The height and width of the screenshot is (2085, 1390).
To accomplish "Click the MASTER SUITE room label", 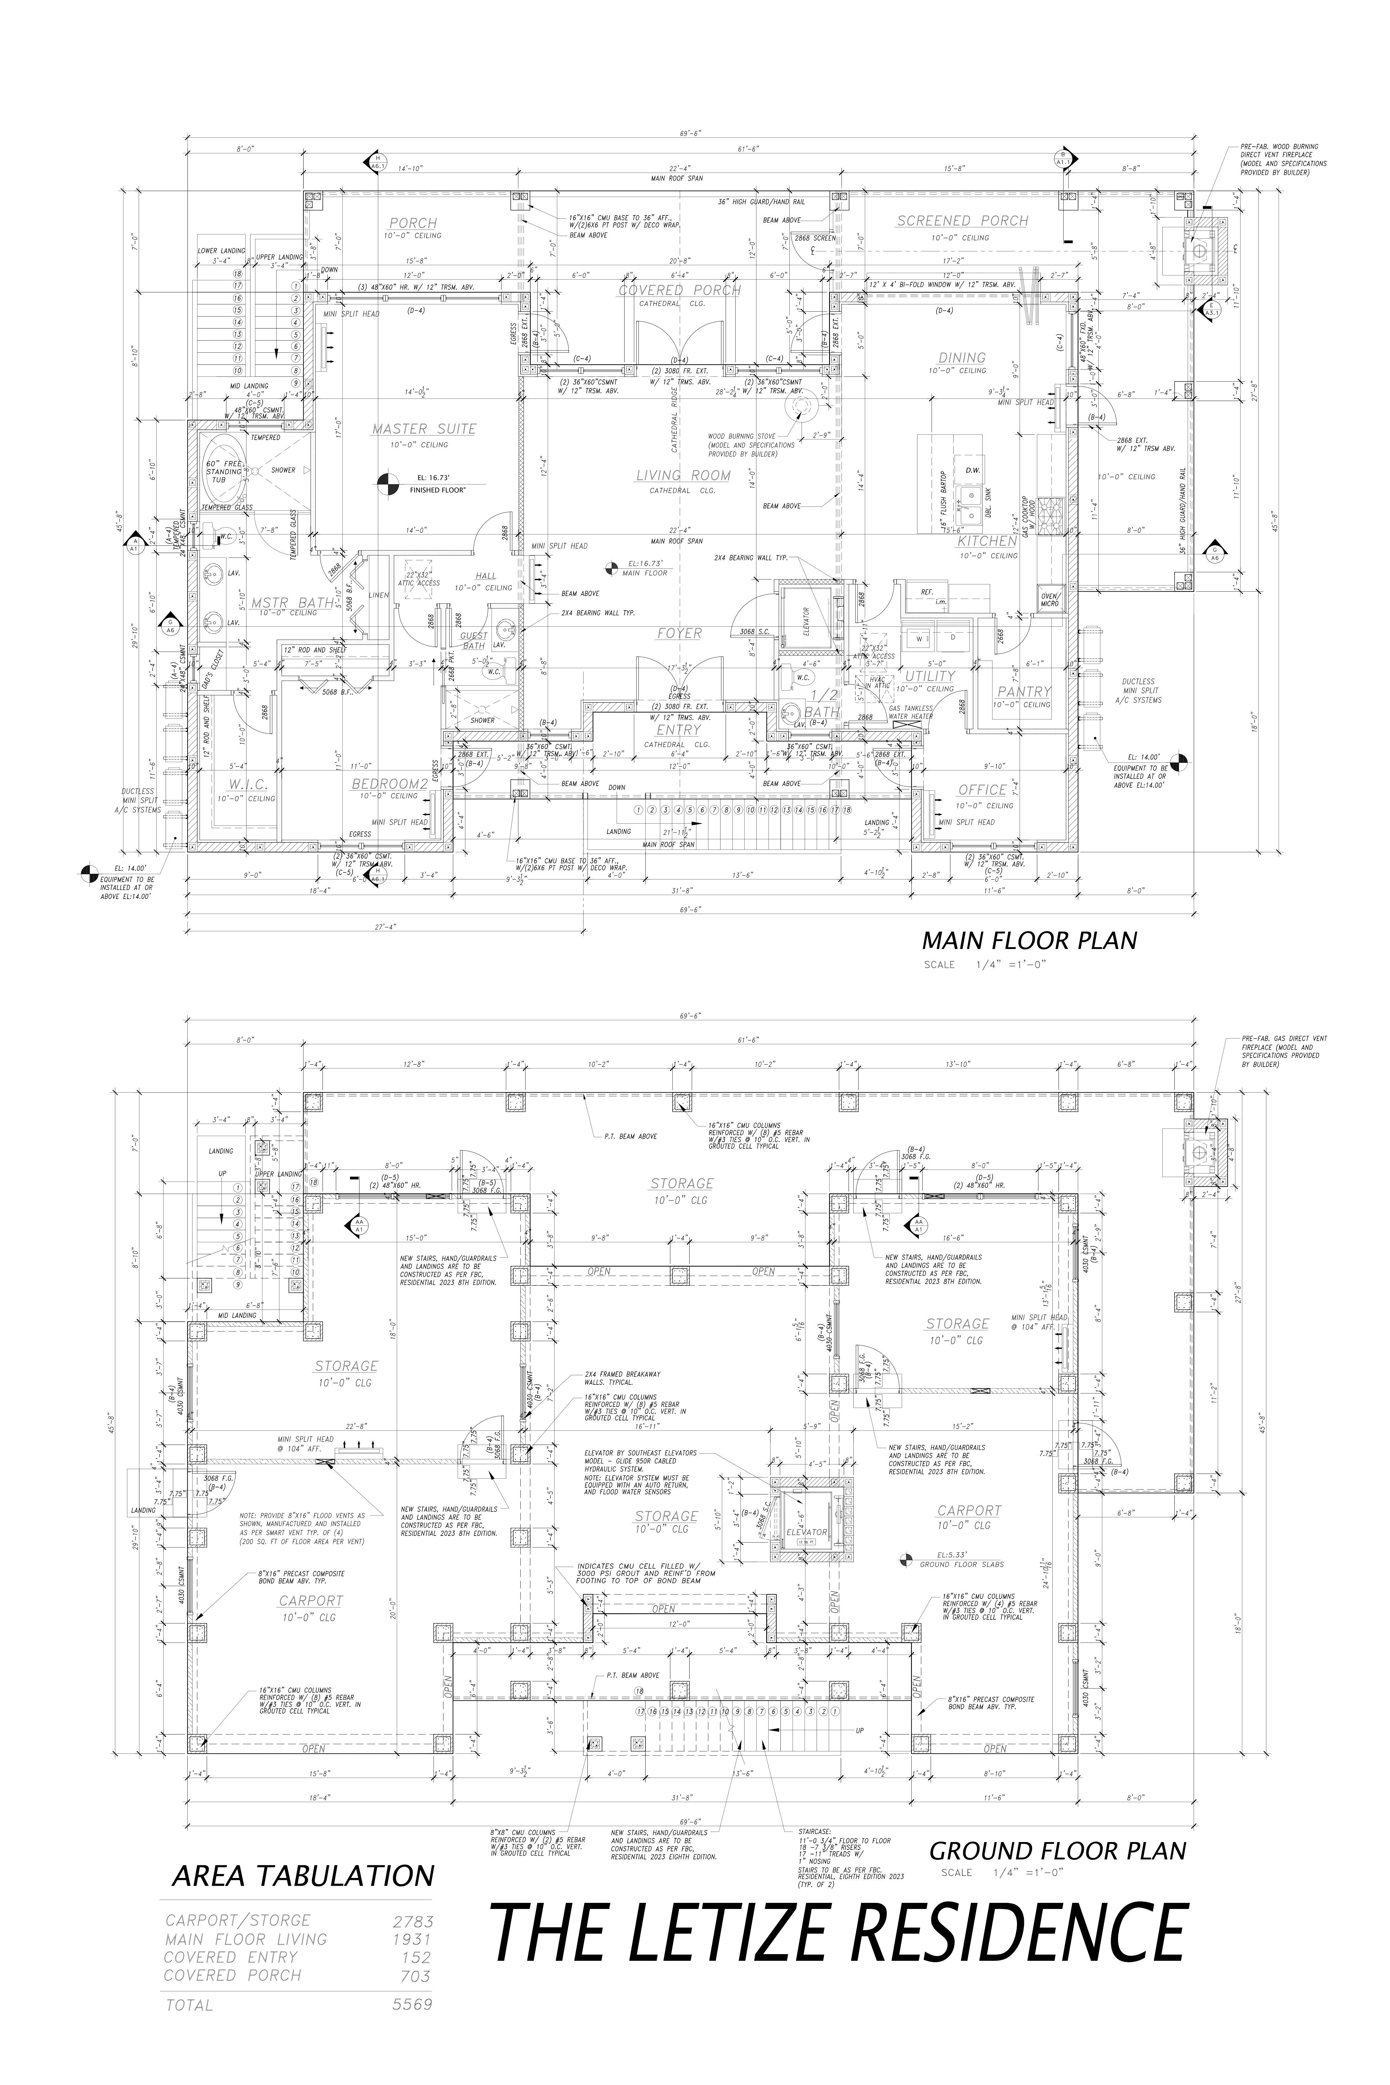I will pyautogui.click(x=424, y=429).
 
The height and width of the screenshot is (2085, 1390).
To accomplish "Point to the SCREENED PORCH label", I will pyautogui.click(x=962, y=221).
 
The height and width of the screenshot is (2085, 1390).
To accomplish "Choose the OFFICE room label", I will pyautogui.click(x=982, y=790).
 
